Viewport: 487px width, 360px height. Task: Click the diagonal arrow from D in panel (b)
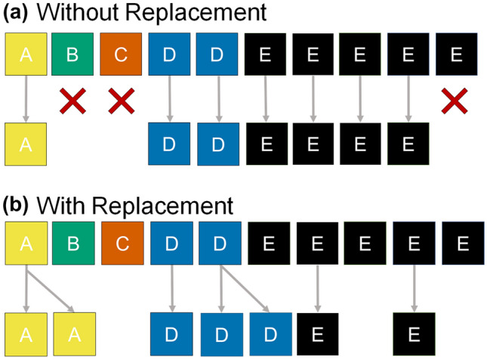(x=245, y=287)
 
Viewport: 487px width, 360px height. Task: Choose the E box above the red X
(x=456, y=54)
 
